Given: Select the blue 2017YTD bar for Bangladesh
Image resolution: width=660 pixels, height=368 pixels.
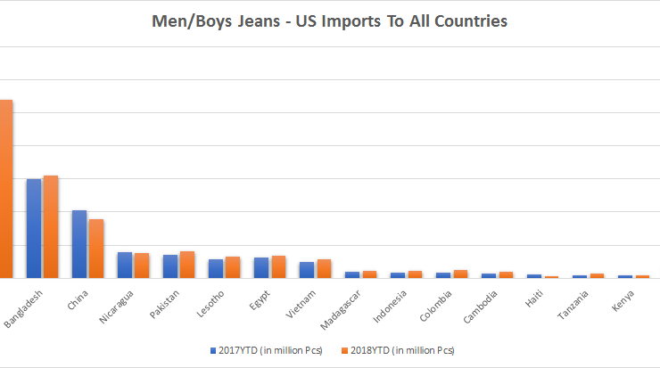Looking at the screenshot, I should point(34,228).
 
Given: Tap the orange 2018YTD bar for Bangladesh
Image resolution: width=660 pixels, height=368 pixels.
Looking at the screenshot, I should point(51,226).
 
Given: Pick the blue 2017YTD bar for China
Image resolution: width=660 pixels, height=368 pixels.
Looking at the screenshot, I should point(79,244).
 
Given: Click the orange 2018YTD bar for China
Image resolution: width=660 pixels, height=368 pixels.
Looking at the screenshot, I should point(96,249).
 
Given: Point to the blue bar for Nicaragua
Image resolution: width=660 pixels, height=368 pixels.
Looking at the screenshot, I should point(125,265).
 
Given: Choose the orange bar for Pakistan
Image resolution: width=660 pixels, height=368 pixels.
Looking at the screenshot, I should point(187,265).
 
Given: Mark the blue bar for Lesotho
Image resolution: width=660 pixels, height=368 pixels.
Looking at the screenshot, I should point(216,268).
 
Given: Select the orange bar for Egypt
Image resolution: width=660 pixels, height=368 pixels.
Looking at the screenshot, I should point(278,266).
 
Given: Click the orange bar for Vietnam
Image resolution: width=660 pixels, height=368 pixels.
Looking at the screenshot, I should point(324,268).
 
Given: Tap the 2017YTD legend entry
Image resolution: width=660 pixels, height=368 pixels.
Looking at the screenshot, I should point(266,349).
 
